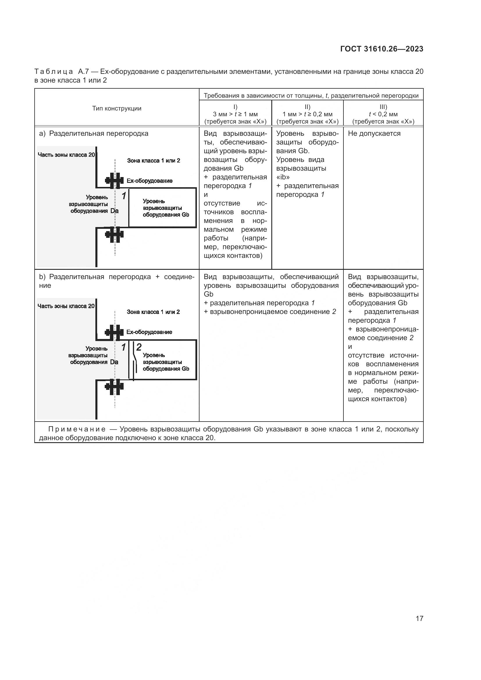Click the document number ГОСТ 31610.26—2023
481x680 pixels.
point(382,49)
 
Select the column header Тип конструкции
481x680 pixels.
point(117,108)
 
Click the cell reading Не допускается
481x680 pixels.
point(374,133)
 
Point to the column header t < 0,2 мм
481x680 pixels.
point(383,114)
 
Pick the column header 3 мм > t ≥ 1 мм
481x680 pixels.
point(235,114)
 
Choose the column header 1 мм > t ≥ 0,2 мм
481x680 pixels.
point(307,114)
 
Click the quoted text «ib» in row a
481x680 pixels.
point(283,177)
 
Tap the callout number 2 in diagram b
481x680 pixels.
point(139,347)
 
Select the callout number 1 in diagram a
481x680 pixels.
point(124,195)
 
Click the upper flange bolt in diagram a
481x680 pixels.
point(114,180)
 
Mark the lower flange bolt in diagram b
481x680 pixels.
point(114,386)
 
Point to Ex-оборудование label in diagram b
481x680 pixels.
point(149,332)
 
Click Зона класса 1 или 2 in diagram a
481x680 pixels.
point(154,161)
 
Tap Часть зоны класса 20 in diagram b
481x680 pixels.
point(66,306)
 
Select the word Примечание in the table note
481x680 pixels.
point(77,429)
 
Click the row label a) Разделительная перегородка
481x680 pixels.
point(94,133)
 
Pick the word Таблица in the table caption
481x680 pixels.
point(54,72)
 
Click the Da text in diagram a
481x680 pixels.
point(114,211)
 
